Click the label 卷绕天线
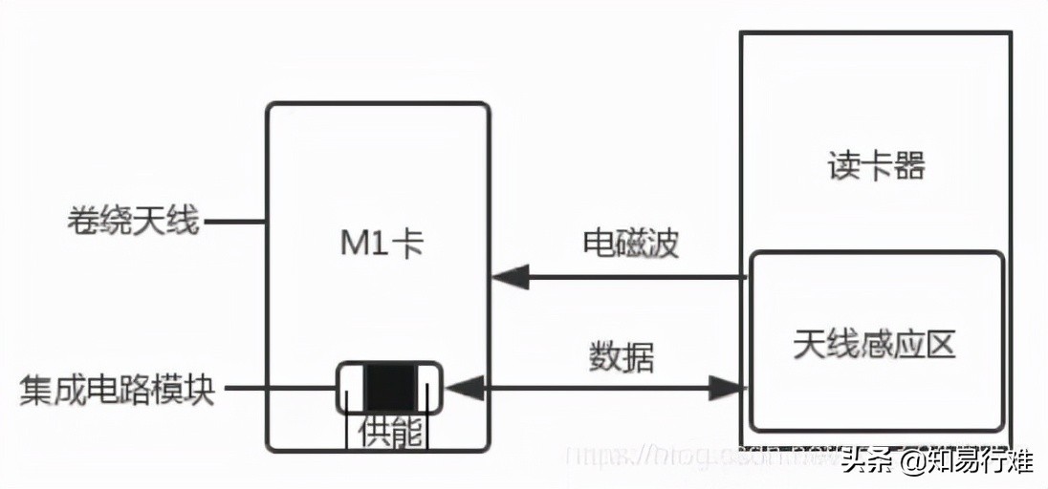coord(132,222)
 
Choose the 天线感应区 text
coord(874,344)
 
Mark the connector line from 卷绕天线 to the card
coord(235,223)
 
